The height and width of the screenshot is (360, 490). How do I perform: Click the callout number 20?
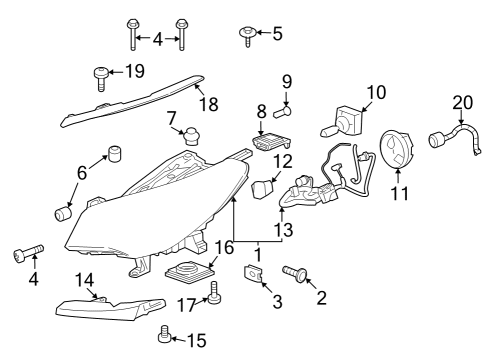pos(462,102)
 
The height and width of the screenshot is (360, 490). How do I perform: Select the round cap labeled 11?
pos(396,148)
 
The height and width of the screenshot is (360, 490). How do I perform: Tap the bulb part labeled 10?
pos(342,121)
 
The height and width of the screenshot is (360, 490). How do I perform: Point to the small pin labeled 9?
pos(282,111)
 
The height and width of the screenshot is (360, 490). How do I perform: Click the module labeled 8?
pos(271,142)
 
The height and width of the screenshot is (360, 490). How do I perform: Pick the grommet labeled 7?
pos(190,136)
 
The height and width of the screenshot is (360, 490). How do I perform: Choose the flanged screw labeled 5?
pos(248,36)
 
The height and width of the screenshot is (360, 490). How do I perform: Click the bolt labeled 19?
pos(101,79)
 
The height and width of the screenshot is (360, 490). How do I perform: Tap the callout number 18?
pos(209,104)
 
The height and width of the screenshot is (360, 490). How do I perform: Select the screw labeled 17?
pos(214,293)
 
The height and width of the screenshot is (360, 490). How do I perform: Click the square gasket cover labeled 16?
pos(190,271)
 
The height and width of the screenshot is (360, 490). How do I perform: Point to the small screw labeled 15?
pos(164,334)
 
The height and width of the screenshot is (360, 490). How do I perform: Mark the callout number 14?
pos(85,281)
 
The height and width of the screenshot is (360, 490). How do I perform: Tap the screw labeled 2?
pos(295,274)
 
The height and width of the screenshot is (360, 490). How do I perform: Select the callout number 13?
pos(283,230)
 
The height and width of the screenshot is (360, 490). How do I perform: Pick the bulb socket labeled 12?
pos(263,189)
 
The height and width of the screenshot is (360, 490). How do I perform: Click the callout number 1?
pos(258,254)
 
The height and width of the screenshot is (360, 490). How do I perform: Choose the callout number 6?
pos(82,173)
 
